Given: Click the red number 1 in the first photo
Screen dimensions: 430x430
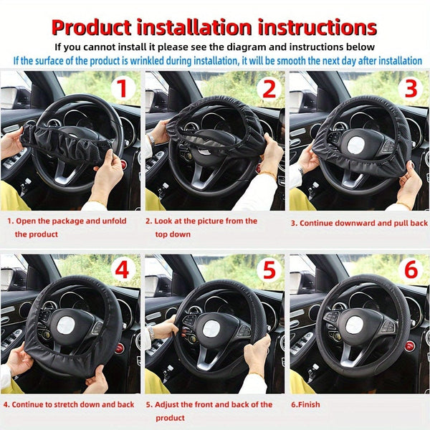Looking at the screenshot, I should [x=122, y=88].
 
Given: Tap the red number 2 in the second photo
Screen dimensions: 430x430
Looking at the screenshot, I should [x=269, y=88].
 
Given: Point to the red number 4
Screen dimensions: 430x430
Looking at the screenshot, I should [x=122, y=271].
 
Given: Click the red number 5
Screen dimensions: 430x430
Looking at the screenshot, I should [x=269, y=271].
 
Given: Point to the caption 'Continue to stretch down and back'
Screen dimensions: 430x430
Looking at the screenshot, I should [x=68, y=405].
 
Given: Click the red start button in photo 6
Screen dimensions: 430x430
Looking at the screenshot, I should [x=408, y=346].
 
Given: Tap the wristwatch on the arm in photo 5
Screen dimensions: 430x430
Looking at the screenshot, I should [x=151, y=332].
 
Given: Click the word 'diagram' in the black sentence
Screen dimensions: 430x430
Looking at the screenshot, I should [x=275, y=47].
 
